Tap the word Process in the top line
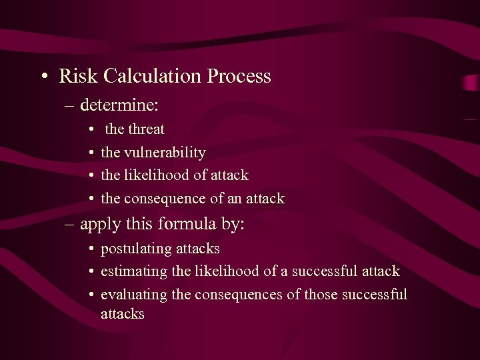239,77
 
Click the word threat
147,129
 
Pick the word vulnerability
165,153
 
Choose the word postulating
135,249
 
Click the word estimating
134,271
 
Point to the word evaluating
135,295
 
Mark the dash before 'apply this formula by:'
71,225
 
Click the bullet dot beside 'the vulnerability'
91,153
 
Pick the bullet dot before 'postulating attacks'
91,249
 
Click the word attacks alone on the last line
122,314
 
